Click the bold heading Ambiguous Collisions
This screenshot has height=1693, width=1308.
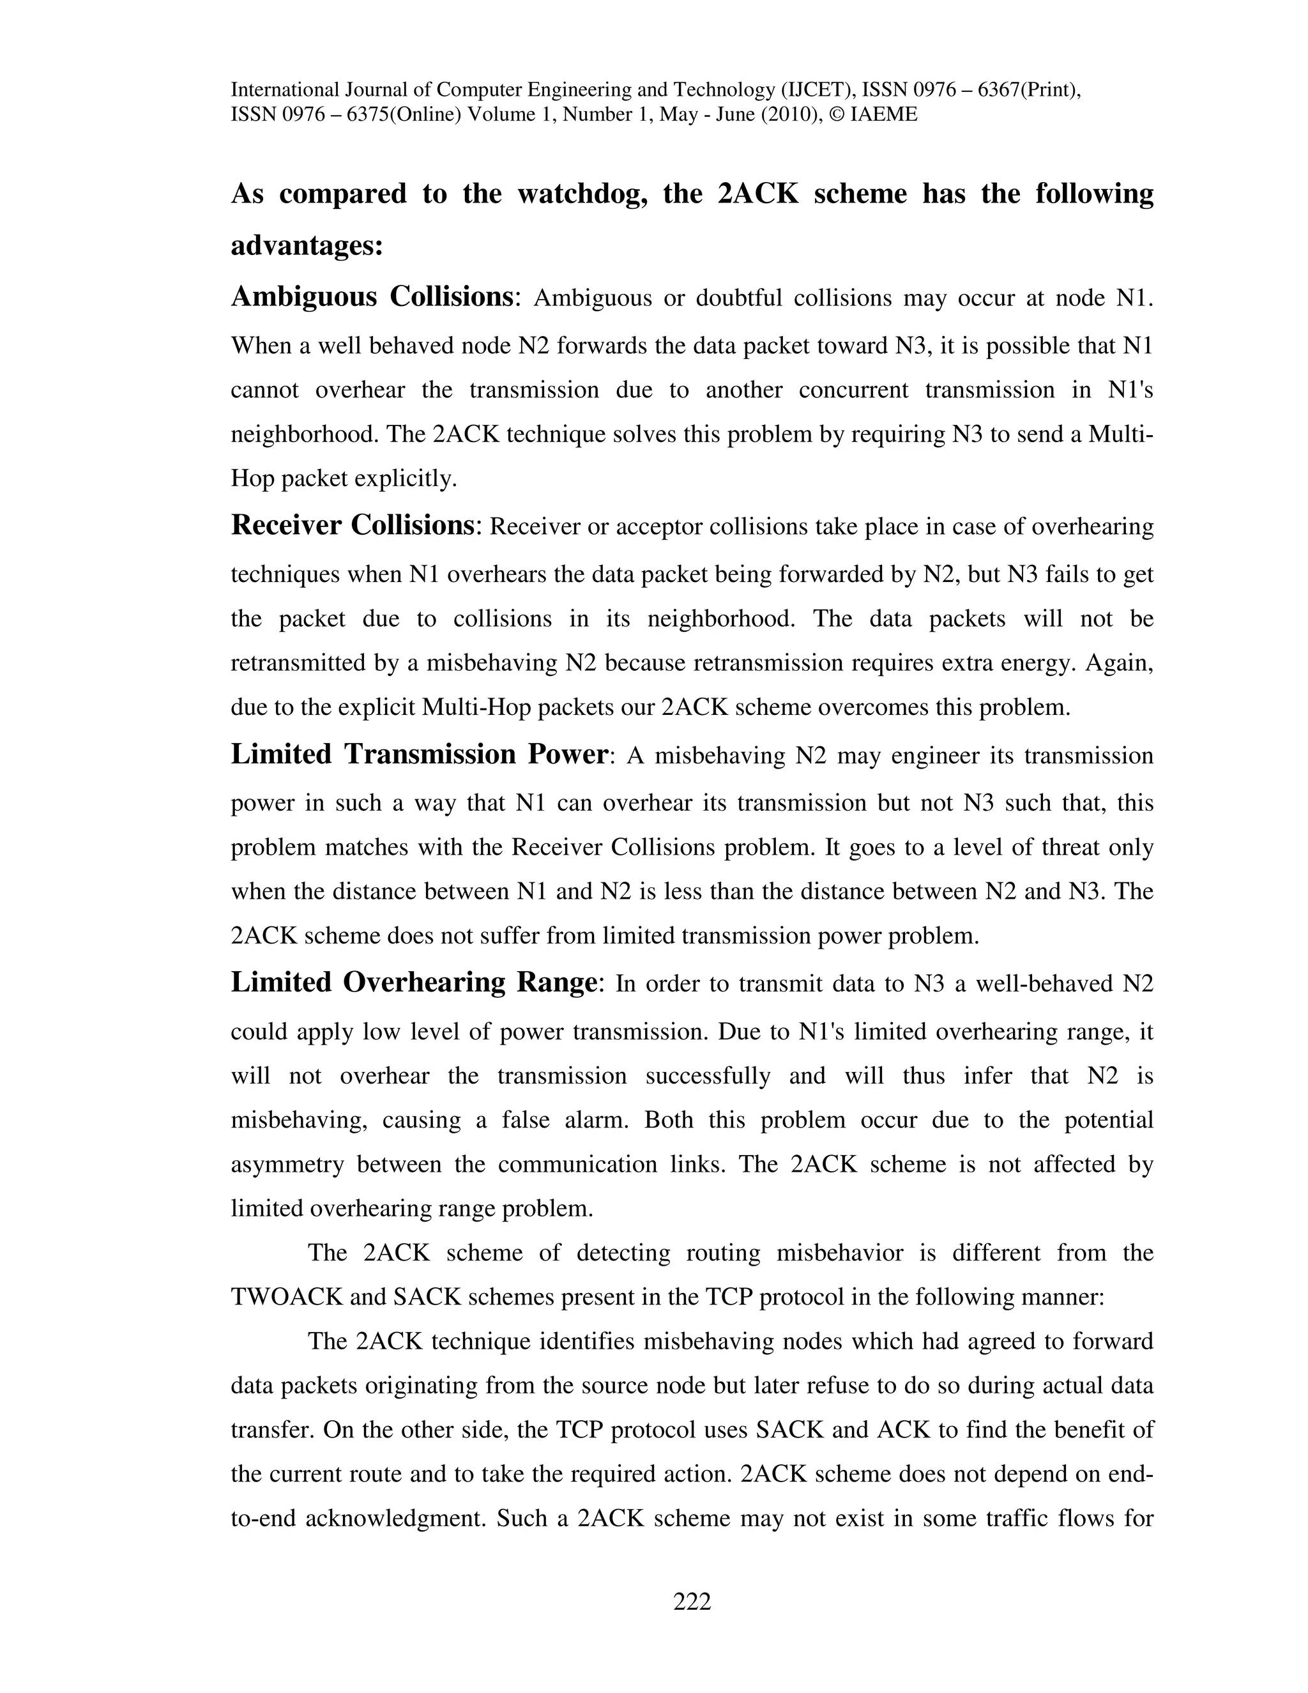(371, 297)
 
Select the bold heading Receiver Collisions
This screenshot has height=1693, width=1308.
(353, 526)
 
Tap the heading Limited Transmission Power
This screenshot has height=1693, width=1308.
(418, 755)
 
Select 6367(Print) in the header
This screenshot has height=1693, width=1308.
(1029, 90)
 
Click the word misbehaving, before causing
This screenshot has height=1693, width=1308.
(298, 1120)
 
